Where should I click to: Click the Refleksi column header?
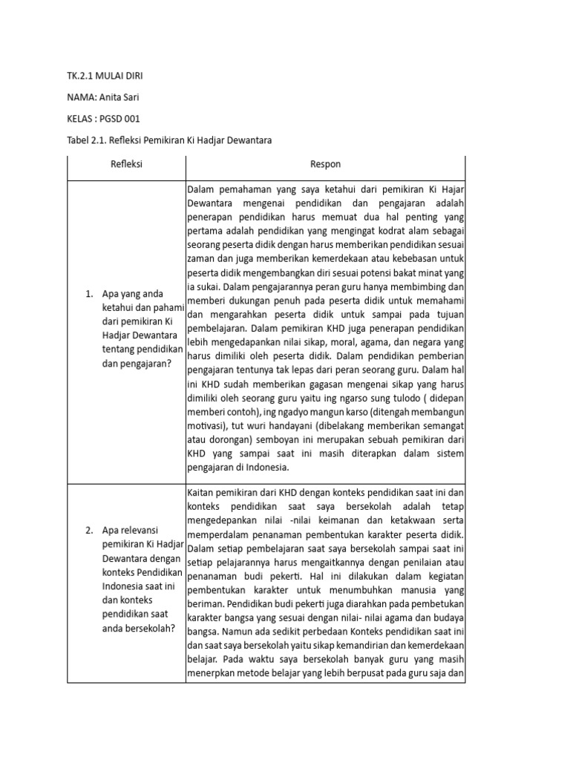click(126, 164)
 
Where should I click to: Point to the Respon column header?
click(326, 164)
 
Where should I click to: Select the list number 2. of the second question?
click(89, 530)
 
